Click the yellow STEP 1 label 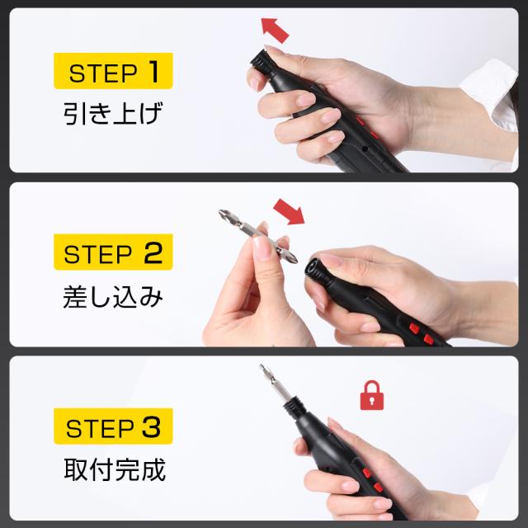click(x=113, y=71)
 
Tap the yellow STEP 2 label click(x=113, y=252)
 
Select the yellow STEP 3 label click(x=113, y=426)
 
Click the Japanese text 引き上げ click(x=113, y=114)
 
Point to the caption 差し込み click(x=113, y=296)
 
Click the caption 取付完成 click(x=115, y=469)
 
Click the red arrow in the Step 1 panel click(x=275, y=31)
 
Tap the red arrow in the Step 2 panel click(x=289, y=211)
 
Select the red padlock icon click(x=372, y=395)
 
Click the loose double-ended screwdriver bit click(x=257, y=236)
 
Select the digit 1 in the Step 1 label click(x=153, y=71)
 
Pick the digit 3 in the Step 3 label click(x=151, y=427)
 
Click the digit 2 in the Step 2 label click(x=153, y=252)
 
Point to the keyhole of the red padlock click(x=372, y=401)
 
